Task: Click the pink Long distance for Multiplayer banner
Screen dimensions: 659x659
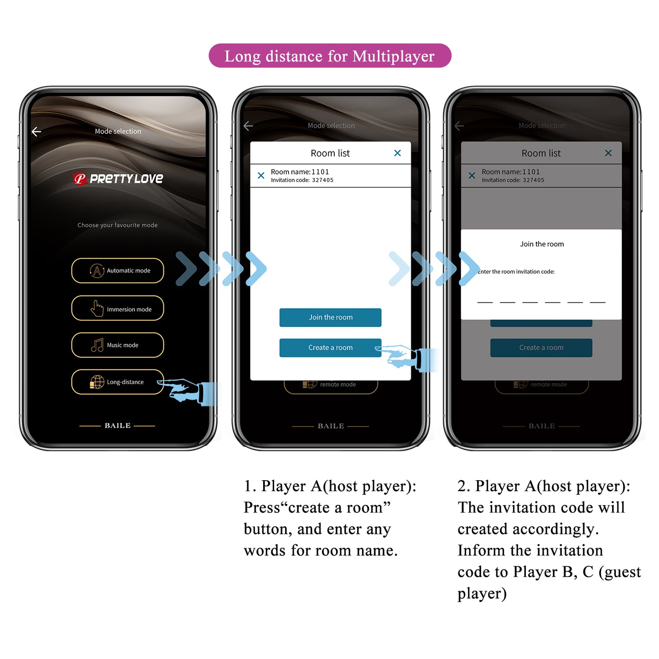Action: click(x=330, y=56)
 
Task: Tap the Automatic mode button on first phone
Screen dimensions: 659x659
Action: click(x=118, y=270)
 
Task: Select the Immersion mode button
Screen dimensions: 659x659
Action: click(x=118, y=309)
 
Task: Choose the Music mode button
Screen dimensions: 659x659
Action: click(x=118, y=345)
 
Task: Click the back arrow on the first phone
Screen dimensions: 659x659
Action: click(x=36, y=132)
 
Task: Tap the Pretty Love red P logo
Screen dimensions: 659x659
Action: click(x=80, y=179)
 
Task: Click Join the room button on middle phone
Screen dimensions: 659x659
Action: click(x=330, y=317)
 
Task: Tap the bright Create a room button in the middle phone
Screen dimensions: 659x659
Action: click(x=330, y=348)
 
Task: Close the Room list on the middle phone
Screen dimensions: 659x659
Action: click(x=397, y=153)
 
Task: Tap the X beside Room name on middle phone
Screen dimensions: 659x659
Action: click(x=261, y=176)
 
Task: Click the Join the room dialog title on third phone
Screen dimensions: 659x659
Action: click(x=542, y=244)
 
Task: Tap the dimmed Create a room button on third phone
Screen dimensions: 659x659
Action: click(x=541, y=348)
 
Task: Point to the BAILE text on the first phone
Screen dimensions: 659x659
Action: click(x=118, y=425)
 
